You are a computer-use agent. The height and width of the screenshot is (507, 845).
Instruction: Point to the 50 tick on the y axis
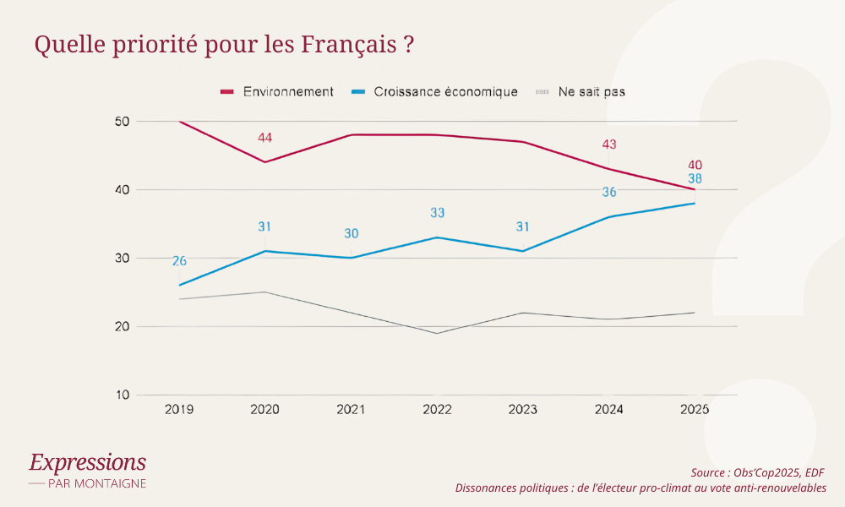coord(121,122)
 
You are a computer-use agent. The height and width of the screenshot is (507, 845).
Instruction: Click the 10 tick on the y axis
coord(121,395)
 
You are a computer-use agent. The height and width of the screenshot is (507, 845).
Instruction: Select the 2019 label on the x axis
coord(179,410)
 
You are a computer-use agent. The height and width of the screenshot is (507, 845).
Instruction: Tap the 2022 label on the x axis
coord(437,410)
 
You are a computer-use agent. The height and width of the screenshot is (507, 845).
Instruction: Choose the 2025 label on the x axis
coord(695,410)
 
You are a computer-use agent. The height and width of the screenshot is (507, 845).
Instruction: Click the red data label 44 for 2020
coord(265,138)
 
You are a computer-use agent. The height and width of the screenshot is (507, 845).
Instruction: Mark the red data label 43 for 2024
coord(609,144)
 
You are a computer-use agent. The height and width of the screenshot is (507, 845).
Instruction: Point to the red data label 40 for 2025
coord(695,165)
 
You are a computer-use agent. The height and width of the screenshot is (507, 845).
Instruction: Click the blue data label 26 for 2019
coord(179,261)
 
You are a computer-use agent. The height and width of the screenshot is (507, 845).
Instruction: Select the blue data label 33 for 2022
coord(437,213)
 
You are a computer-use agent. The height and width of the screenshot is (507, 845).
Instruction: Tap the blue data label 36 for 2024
coord(609,193)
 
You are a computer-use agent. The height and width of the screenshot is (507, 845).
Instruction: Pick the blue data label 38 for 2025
coord(695,179)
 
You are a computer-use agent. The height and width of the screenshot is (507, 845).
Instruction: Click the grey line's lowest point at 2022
coord(437,333)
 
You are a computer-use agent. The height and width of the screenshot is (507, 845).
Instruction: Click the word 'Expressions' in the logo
coord(87,462)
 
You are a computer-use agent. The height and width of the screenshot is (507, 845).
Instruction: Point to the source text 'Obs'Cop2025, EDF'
coord(777,472)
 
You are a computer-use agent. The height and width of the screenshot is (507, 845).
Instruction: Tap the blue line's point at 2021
coord(352,258)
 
